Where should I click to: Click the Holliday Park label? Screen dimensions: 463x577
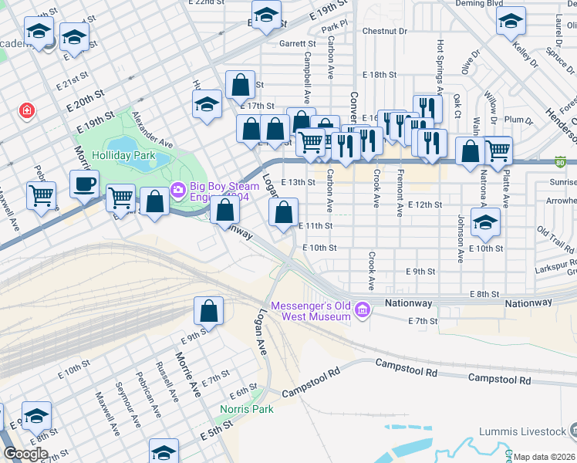(124, 155)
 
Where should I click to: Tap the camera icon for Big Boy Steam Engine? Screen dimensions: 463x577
(178, 188)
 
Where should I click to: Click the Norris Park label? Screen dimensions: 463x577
(247, 409)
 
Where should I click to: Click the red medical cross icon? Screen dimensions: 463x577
(28, 111)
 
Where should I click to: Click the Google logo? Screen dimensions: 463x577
(25, 454)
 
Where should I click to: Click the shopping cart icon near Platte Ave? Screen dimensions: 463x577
(498, 150)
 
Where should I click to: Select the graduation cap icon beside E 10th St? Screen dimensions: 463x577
(485, 221)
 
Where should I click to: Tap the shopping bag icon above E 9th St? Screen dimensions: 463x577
(208, 311)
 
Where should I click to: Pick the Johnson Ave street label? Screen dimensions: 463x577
(460, 238)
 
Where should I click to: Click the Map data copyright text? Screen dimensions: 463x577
(543, 457)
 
